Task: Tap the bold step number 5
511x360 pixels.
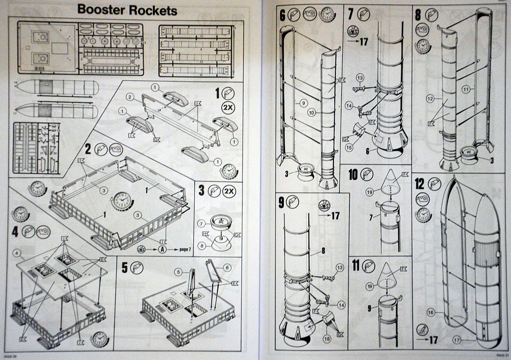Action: click(x=125, y=268)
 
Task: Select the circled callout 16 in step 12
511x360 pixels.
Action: click(x=431, y=313)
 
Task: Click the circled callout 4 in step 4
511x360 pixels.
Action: click(x=17, y=253)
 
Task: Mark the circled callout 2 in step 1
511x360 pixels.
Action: click(x=129, y=96)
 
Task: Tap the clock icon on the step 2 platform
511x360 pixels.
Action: click(x=121, y=200)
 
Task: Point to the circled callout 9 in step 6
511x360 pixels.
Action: click(x=303, y=103)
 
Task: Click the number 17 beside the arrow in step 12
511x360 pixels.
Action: click(x=432, y=340)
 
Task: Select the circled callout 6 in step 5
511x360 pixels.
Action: click(x=228, y=268)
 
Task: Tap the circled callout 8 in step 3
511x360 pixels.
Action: click(x=201, y=245)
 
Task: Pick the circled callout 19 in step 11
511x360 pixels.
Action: click(x=369, y=287)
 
